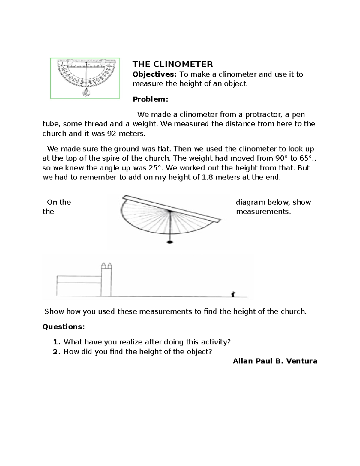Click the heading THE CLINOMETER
pos(173,64)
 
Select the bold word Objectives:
pos(155,74)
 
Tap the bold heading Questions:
pos(64,326)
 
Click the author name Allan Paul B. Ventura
pos(275,361)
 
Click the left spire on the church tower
pos(104,266)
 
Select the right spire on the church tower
pos(110,266)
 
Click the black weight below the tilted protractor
pos(170,242)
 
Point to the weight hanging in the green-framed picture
pos(86,93)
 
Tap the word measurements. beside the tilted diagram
pos(263,212)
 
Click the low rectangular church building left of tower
pos(79,286)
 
